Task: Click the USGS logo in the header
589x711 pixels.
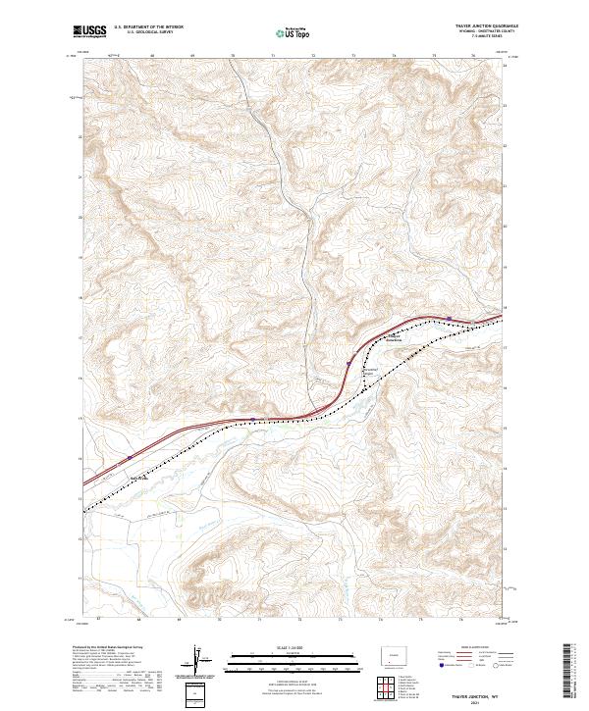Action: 90,32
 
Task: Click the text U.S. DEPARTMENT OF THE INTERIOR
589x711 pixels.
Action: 149,26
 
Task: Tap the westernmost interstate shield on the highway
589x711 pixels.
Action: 129,457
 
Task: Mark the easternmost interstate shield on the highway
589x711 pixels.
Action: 449,318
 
